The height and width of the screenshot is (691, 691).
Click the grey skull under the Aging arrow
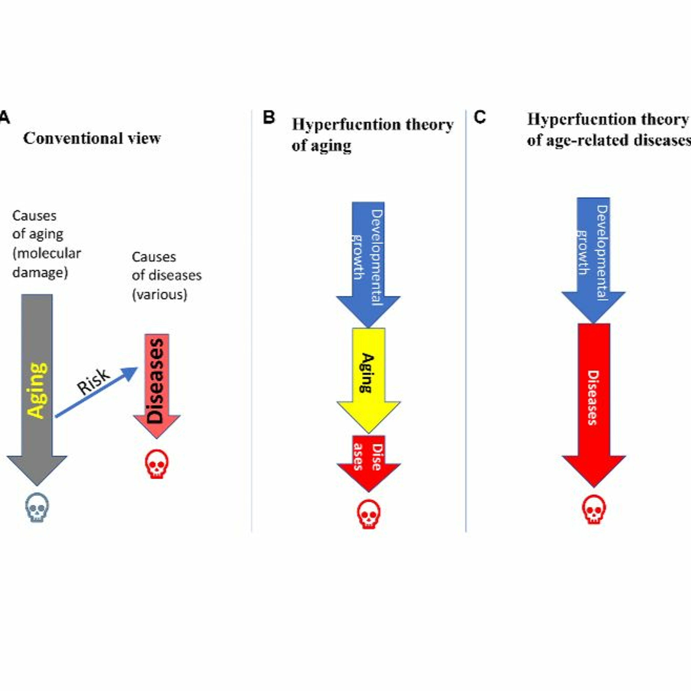point(37,507)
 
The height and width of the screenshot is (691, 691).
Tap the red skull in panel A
point(157,464)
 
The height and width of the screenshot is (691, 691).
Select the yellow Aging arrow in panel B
point(368,375)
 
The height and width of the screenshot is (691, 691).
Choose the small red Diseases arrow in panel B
point(368,460)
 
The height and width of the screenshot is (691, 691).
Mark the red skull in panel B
point(368,514)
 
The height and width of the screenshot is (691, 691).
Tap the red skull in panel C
point(594,509)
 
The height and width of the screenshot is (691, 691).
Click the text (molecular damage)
point(47,263)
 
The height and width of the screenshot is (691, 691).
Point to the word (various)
point(160,294)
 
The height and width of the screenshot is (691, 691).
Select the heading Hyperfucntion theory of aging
point(372,135)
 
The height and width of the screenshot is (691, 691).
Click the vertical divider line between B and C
point(466,322)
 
